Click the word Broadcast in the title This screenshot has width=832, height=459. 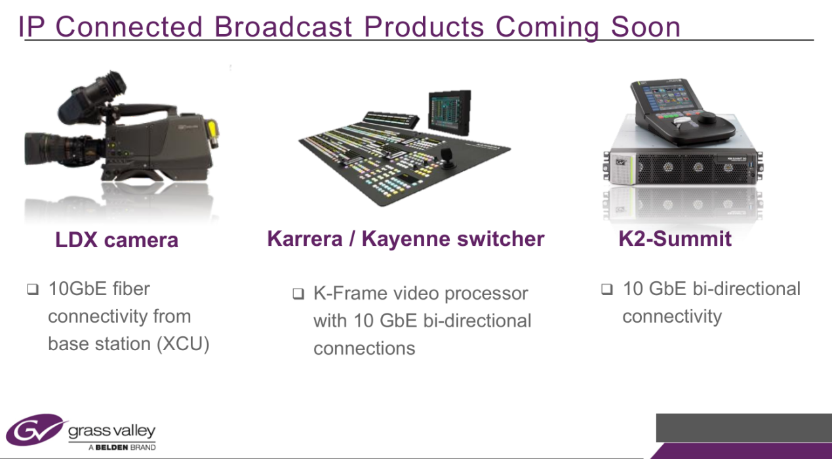click(x=283, y=27)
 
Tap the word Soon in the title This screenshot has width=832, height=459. click(x=645, y=27)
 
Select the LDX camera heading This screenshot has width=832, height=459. click(x=117, y=240)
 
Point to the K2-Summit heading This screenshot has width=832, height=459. click(x=675, y=239)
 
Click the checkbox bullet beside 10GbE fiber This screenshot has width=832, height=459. click(x=33, y=289)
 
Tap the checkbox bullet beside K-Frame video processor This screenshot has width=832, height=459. click(x=298, y=294)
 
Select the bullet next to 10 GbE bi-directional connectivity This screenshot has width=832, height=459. click(x=607, y=289)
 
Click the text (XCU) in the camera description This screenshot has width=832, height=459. click(x=183, y=344)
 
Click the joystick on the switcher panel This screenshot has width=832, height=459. click(x=446, y=158)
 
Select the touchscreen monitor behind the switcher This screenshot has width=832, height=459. click(x=449, y=113)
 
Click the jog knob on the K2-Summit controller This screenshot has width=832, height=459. click(x=708, y=119)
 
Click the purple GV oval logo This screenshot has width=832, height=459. click(x=37, y=429)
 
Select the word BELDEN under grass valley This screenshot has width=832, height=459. click(x=112, y=447)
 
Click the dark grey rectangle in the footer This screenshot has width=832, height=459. click(x=744, y=428)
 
